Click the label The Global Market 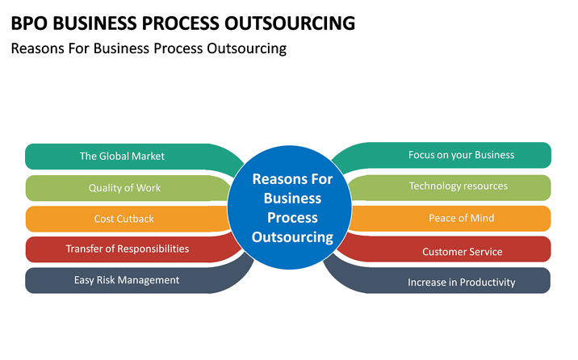pos(122,157)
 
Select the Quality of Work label pos(124,188)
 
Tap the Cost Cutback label pos(124,219)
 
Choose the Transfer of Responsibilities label pos(128,249)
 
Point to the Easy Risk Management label pos(127,280)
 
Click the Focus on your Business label pos(461,155)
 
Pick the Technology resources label pos(459,186)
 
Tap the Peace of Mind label pos(462,218)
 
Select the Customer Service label pos(463,252)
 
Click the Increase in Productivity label pos(462,283)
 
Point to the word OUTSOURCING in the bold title pos(290,23)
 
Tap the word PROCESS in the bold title pos(181,23)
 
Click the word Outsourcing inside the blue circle pos(292,237)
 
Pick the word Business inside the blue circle pos(292,199)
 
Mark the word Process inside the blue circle pos(292,218)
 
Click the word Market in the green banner pos(148,157)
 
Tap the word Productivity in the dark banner pos(488,283)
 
